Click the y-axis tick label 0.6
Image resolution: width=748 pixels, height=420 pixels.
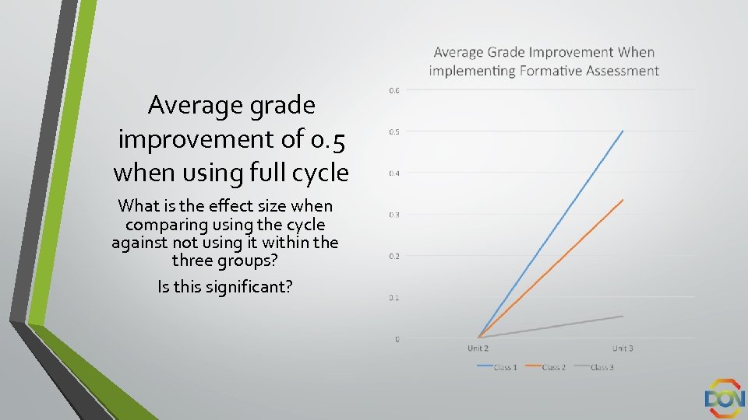(x=394, y=90)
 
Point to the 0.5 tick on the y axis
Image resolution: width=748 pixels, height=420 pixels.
(x=394, y=131)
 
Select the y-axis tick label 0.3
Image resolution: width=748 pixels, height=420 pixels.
(x=394, y=215)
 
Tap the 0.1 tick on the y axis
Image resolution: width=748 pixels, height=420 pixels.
(x=394, y=297)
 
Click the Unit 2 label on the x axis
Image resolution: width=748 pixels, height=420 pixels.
(x=478, y=348)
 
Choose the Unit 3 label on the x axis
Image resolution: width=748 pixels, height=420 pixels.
(x=623, y=348)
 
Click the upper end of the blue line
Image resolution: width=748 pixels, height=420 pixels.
(x=623, y=131)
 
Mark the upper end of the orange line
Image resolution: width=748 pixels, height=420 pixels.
(x=623, y=200)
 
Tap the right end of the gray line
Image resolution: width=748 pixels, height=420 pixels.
(x=623, y=316)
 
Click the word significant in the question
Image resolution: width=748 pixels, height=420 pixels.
(x=248, y=286)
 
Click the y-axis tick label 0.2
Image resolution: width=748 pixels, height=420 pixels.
(x=394, y=256)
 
